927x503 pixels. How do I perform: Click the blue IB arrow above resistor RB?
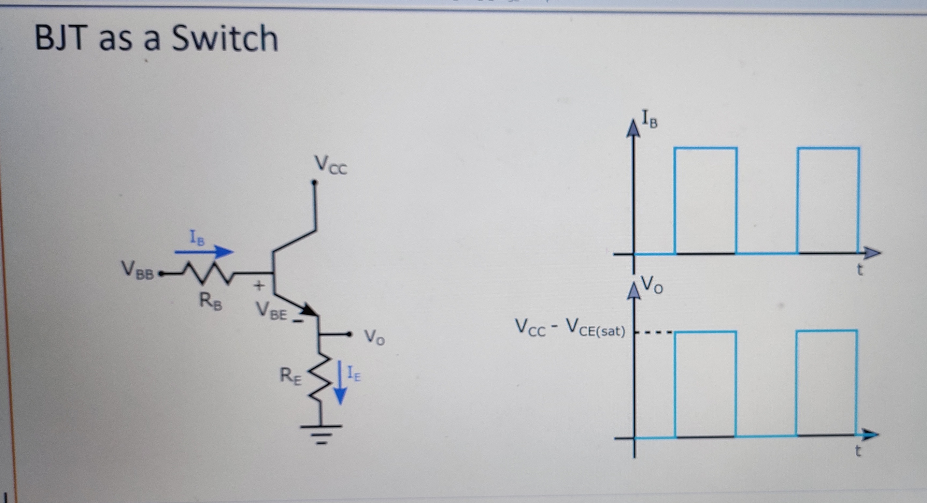(204, 251)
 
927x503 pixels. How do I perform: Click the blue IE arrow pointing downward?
(340, 383)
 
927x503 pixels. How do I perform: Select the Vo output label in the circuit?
(374, 337)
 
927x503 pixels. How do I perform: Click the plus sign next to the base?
(259, 286)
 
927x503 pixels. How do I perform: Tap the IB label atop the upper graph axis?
(650, 120)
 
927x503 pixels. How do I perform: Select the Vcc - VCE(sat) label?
(570, 328)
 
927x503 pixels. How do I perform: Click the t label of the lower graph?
(858, 451)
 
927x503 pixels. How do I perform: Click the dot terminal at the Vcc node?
(315, 183)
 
